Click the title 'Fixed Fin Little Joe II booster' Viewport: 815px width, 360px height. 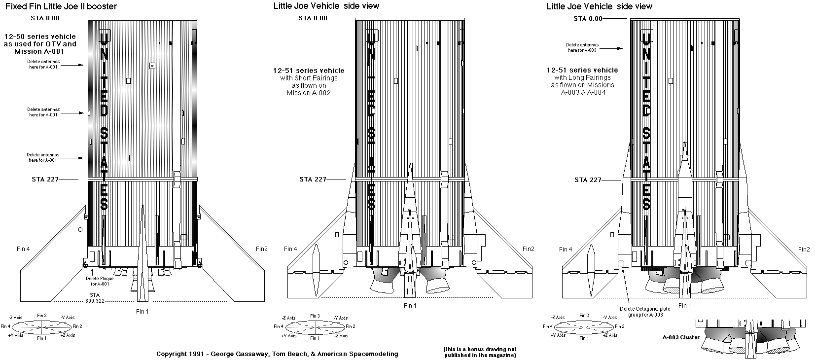coord(61,6)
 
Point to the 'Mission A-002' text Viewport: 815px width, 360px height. coord(309,93)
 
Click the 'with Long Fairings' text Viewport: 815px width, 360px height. coord(582,77)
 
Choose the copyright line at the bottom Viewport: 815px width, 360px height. coord(277,354)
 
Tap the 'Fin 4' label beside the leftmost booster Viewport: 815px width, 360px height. coord(22,249)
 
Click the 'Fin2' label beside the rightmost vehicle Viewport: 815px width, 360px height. coord(803,249)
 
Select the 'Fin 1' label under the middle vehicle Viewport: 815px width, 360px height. coord(410,306)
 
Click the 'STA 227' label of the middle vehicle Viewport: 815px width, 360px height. coord(313,179)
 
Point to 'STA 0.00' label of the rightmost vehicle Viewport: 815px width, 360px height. coord(588,19)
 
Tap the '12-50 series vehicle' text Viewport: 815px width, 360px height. coord(40,36)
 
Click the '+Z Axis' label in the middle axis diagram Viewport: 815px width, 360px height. coord(340,335)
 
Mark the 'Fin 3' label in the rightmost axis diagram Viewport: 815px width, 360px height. coord(584,316)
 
